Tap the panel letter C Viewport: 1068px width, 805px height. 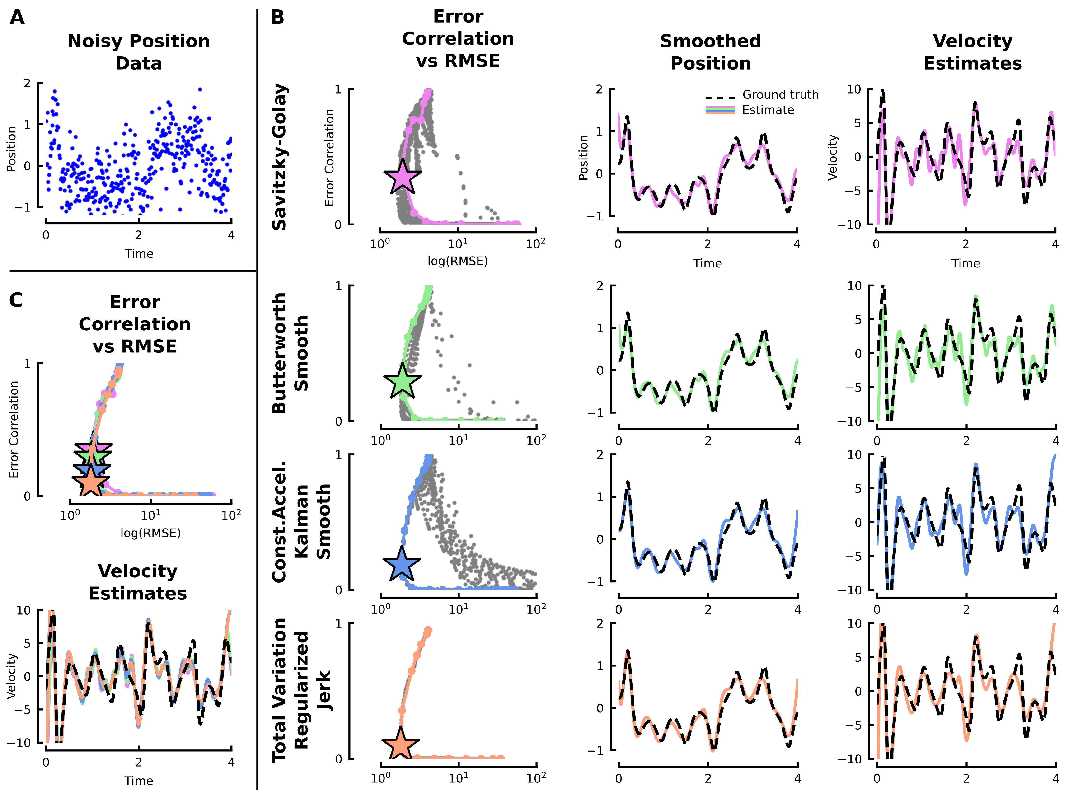coord(16,300)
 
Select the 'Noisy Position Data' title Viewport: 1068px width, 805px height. coord(139,52)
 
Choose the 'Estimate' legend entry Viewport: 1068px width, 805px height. coord(768,110)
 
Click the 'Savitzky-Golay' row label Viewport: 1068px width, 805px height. coord(280,157)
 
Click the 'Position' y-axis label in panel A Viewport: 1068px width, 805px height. coord(11,149)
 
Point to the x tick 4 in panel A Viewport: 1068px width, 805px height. coord(231,235)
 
